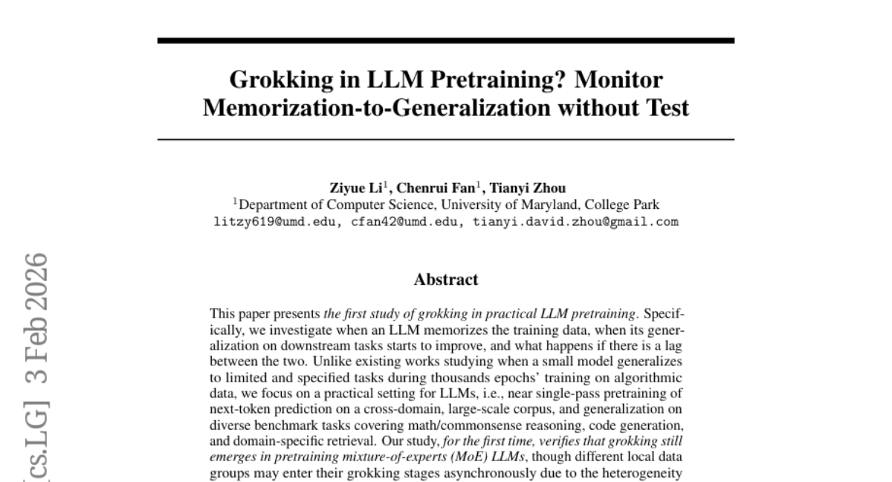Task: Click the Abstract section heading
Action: pyautogui.click(x=446, y=280)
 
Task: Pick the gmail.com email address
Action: pyautogui.click(x=575, y=222)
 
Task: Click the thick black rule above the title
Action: pyautogui.click(x=446, y=40)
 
